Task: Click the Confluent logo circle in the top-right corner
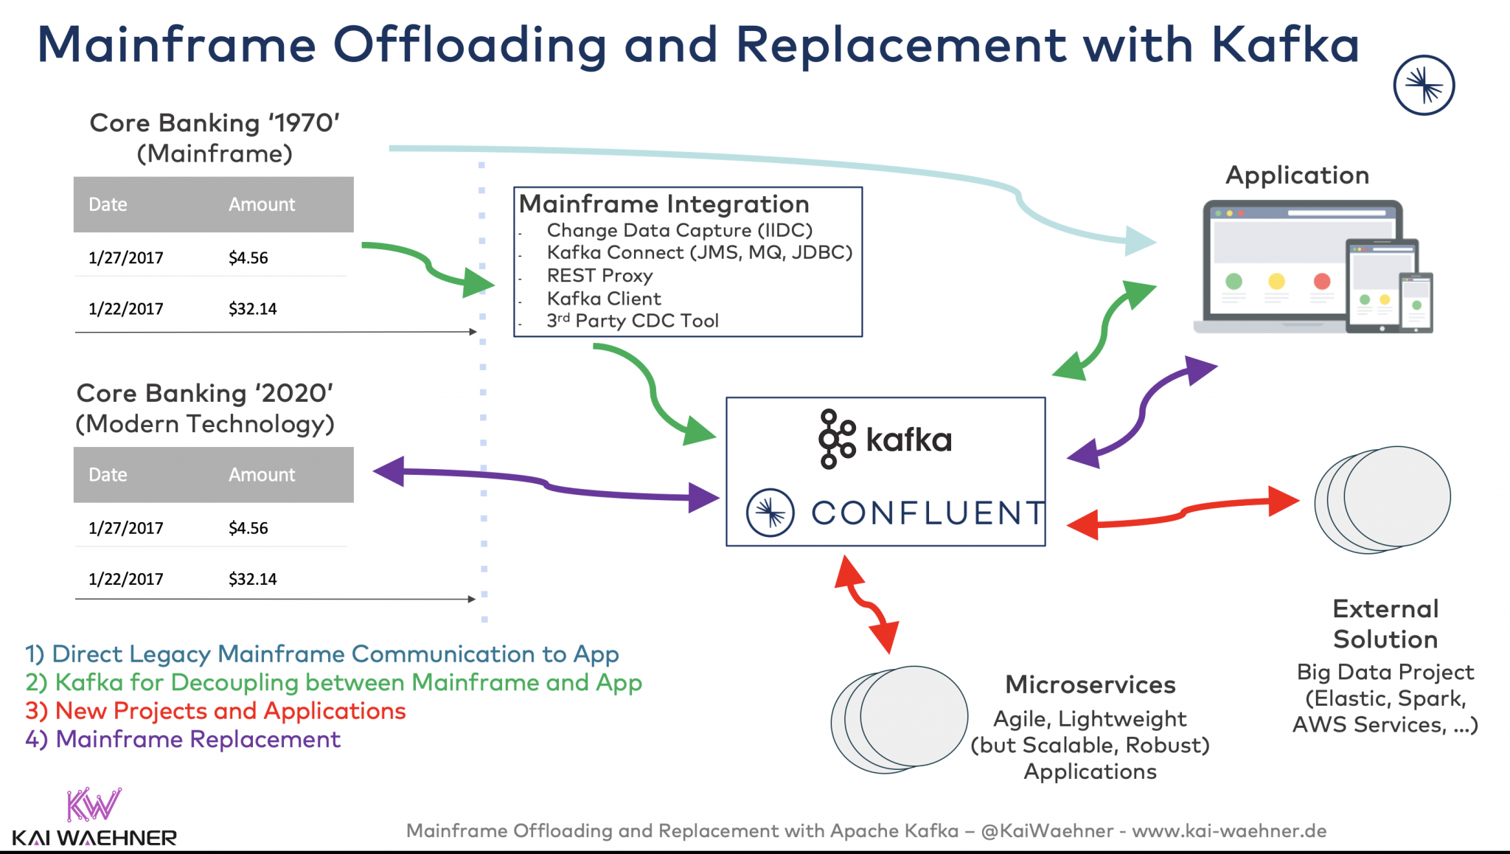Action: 1424,86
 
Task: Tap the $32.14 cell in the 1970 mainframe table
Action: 253,309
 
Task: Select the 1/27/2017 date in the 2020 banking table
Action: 125,528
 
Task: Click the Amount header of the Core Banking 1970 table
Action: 261,204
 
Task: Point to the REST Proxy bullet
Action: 599,276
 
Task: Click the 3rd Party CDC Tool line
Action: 632,321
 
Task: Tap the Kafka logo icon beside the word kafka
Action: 837,440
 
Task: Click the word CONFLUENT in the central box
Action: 928,513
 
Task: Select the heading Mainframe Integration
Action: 664,204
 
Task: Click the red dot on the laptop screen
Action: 1322,281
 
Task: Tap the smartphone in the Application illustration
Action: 1416,302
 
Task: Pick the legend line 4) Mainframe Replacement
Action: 183,740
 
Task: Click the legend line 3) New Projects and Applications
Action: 215,711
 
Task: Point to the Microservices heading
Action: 1090,684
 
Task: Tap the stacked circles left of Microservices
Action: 900,720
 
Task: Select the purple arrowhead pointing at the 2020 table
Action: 389,471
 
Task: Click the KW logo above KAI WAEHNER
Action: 93,805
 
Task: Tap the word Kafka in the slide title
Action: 1285,45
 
